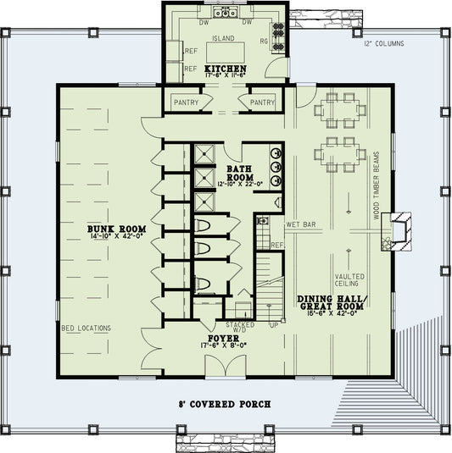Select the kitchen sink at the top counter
click(226, 13)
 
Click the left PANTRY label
click(186, 103)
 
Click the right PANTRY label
click(263, 103)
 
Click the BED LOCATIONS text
click(92, 328)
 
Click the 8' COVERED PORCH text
click(226, 405)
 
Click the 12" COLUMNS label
click(383, 43)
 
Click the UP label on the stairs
click(272, 324)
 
